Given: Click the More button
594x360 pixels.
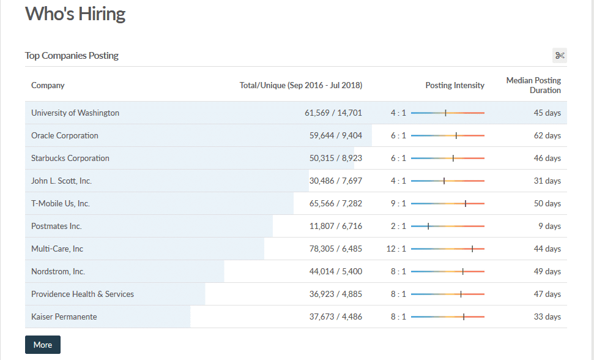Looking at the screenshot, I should [x=43, y=345].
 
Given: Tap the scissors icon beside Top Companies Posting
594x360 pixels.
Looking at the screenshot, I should [x=559, y=56].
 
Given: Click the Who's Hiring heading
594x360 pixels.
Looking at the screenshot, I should [x=75, y=15].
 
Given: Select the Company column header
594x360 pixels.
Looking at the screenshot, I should [x=48, y=86].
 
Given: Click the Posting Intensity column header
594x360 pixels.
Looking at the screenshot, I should [x=455, y=86].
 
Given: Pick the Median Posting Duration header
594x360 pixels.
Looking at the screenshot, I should [x=533, y=85].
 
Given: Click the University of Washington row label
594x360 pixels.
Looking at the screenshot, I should [x=75, y=113].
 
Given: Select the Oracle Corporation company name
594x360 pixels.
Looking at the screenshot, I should [x=65, y=136].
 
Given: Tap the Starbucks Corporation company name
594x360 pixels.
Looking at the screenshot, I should [x=70, y=159].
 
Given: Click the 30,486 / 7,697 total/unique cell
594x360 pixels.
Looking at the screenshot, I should [x=335, y=181].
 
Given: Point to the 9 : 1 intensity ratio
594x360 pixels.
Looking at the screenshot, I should [x=398, y=204].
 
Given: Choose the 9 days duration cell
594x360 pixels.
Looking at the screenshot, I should [x=549, y=227].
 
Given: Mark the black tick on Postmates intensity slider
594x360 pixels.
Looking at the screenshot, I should [x=428, y=227].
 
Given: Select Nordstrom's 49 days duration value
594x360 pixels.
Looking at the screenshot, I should [x=547, y=272].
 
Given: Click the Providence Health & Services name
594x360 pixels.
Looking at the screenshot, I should [x=83, y=294].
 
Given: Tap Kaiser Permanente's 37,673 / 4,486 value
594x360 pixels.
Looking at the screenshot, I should [x=335, y=317].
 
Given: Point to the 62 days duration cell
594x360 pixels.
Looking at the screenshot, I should [x=547, y=136].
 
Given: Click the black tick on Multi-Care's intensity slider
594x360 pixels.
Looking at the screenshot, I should [x=472, y=249].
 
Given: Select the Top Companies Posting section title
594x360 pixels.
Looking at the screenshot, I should [x=72, y=56].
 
